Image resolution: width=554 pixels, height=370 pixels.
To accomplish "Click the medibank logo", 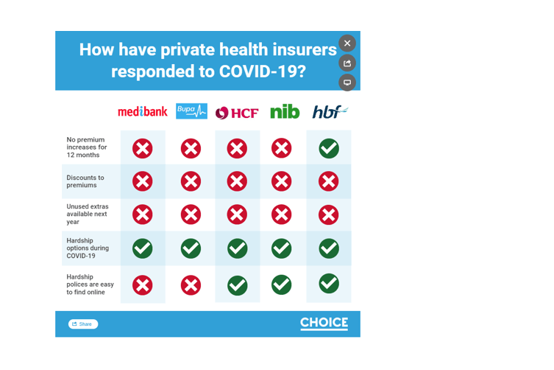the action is [143, 112].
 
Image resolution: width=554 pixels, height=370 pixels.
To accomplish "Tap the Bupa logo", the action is [191, 111].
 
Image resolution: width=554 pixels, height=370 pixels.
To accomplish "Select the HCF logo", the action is [237, 113].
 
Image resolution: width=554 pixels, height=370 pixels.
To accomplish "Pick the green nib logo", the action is [285, 111].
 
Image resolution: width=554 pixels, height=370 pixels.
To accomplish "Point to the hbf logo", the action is [330, 112].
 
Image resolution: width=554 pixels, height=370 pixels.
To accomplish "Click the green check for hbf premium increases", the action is [329, 148].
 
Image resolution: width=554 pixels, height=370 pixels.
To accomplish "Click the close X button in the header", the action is [347, 43].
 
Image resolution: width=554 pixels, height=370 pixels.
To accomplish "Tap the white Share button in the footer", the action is [83, 324].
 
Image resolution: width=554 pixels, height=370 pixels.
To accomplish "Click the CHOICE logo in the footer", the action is [324, 323].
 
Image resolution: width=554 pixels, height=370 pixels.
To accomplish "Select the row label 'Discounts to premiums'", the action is [85, 181].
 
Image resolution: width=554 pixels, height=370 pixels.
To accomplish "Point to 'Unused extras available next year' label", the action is [88, 214].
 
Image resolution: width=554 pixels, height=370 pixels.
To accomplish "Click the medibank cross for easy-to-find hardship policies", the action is [143, 285].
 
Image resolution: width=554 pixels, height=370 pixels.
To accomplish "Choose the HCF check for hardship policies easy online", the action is [238, 285].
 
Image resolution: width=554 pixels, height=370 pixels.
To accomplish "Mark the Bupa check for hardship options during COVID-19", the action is [191, 248].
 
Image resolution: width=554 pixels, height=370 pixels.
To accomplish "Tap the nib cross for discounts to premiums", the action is [282, 181].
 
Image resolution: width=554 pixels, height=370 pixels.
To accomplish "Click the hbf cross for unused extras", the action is [329, 214].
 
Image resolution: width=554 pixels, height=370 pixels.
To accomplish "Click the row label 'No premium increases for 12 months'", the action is [87, 147].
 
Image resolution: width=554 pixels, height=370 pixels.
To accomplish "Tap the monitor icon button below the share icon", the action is [347, 83].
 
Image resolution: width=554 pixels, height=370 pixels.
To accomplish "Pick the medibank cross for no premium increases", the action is [143, 148].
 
